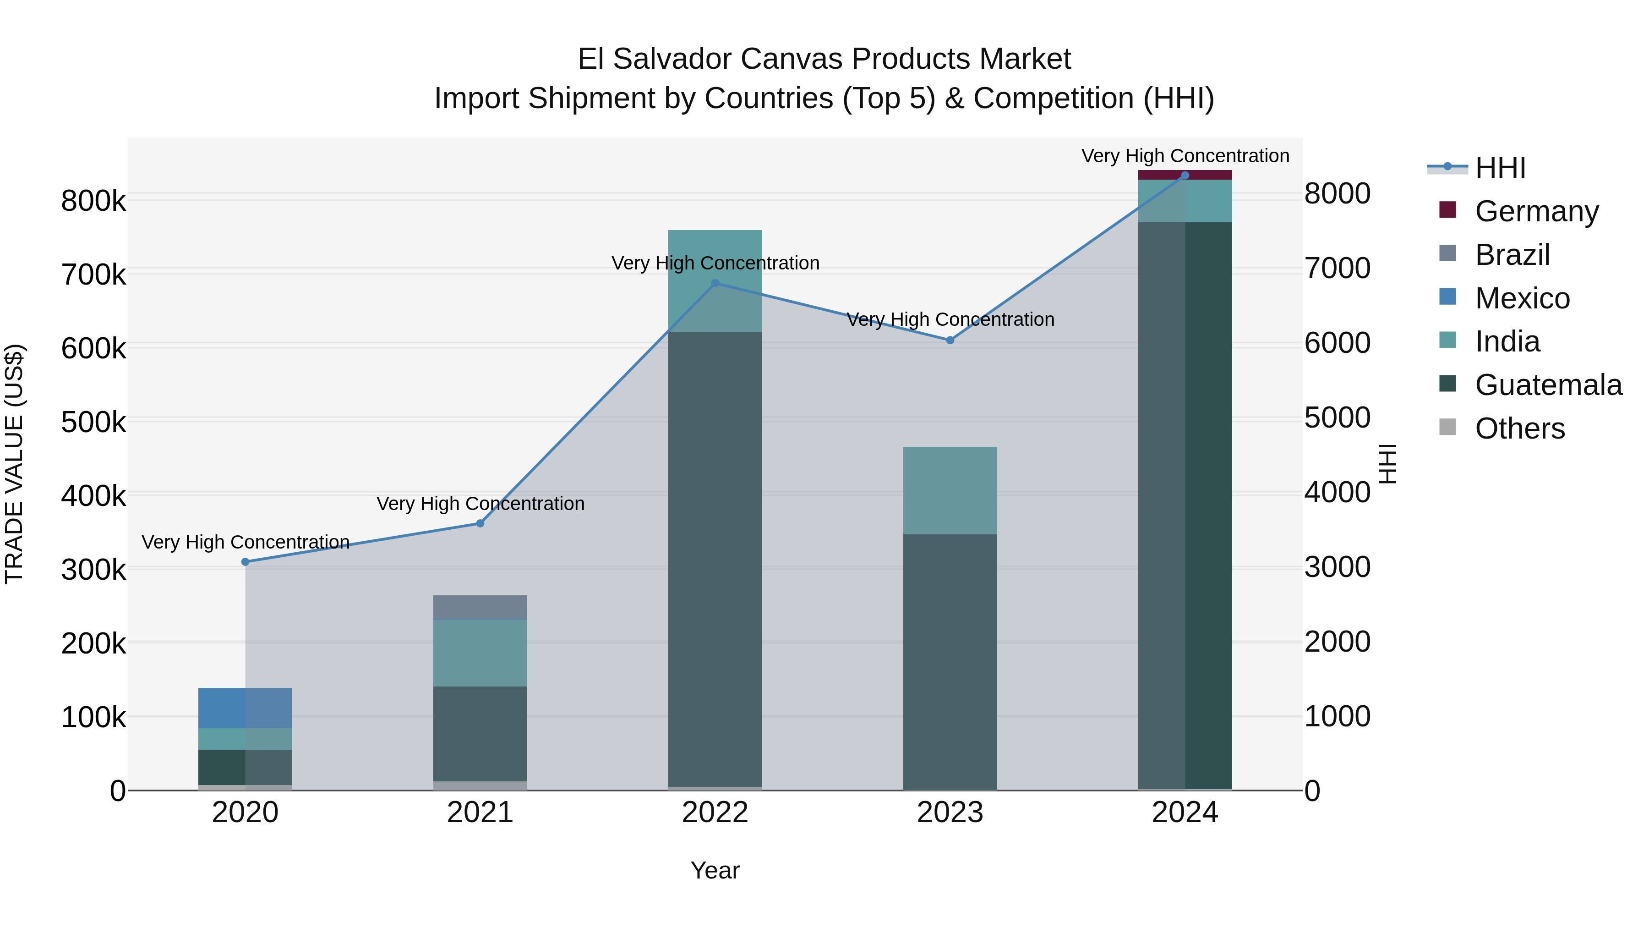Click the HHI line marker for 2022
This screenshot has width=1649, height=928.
(715, 283)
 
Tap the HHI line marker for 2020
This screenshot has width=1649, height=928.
(245, 562)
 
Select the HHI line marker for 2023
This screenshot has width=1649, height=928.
(950, 340)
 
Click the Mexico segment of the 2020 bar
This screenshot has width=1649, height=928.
(245, 708)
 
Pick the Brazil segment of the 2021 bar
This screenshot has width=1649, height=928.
(480, 607)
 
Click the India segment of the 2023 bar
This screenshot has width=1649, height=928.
(950, 490)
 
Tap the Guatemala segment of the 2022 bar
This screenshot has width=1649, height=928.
(715, 557)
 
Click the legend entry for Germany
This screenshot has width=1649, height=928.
(1536, 211)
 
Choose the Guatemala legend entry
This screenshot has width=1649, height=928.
(1548, 385)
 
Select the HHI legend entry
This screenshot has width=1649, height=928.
(1500, 168)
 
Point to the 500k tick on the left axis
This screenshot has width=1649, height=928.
(93, 422)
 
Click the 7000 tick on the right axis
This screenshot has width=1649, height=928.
(1337, 269)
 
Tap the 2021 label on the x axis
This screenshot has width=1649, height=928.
(480, 813)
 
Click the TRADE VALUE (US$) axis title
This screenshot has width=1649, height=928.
(14, 464)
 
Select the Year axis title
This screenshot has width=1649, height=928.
(715, 870)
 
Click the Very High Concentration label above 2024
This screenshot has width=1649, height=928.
(1185, 156)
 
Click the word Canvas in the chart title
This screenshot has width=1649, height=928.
(791, 59)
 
